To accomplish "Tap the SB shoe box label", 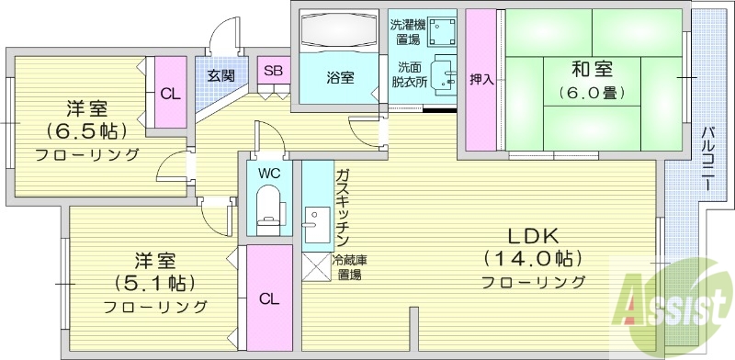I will coord(273,71).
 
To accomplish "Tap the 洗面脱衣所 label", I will coord(410,74).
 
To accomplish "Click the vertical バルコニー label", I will coord(707,158).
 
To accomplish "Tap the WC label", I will coord(269,173).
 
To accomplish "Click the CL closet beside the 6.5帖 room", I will coord(169,93).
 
